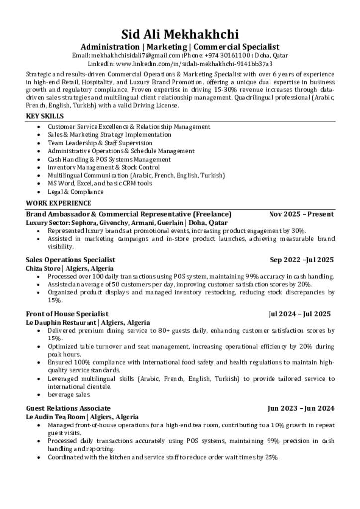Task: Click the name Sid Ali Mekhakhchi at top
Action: click(x=180, y=34)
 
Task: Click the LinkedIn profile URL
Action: click(x=194, y=64)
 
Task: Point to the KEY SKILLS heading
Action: click(x=45, y=116)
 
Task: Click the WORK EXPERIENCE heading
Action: click(x=59, y=203)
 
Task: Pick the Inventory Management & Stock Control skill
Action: click(x=103, y=167)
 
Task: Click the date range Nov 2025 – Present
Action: click(x=301, y=214)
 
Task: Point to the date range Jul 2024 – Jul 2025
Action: click(x=299, y=314)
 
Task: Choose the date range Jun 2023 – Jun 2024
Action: click(x=300, y=408)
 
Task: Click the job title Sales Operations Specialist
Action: click(x=71, y=260)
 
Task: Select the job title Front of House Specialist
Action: click(x=67, y=314)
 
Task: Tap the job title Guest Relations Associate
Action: click(x=68, y=408)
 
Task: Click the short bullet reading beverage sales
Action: click(x=69, y=394)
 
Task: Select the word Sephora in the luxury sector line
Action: click(x=86, y=223)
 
